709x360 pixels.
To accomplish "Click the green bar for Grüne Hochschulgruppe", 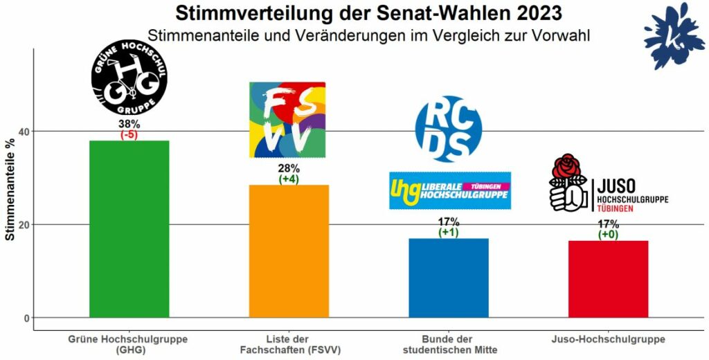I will [x=129, y=228].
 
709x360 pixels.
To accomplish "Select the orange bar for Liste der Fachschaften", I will [x=289, y=251].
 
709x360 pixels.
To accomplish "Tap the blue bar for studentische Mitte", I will [x=449, y=278].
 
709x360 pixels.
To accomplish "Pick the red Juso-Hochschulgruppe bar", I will [x=608, y=278].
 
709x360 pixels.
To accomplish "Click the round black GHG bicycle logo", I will [x=129, y=78].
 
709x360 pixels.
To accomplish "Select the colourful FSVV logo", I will [x=287, y=120].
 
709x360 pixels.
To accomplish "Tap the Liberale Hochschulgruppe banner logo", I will [x=450, y=190].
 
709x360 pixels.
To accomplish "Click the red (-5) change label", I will [x=129, y=135].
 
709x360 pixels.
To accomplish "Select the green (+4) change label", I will [x=289, y=179].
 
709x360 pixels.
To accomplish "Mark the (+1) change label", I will [x=449, y=232].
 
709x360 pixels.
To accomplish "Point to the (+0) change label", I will [x=608, y=235].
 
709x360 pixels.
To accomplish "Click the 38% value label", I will [x=129, y=125].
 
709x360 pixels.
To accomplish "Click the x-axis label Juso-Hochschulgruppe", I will [x=608, y=339].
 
